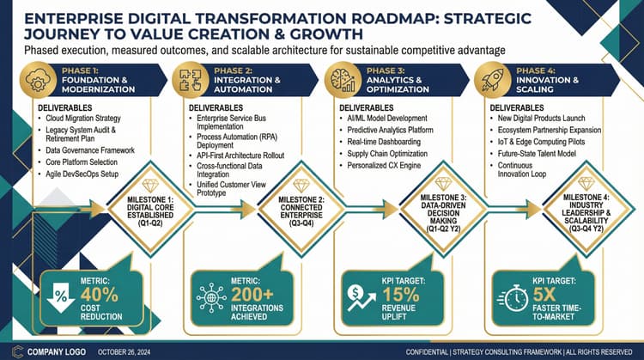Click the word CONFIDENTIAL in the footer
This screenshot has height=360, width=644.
pos(428,351)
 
